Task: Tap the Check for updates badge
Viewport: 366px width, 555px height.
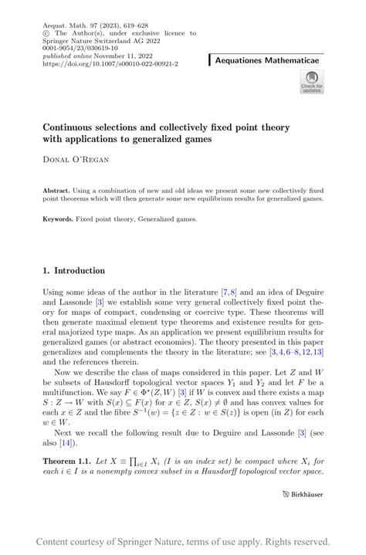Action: (312, 82)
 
